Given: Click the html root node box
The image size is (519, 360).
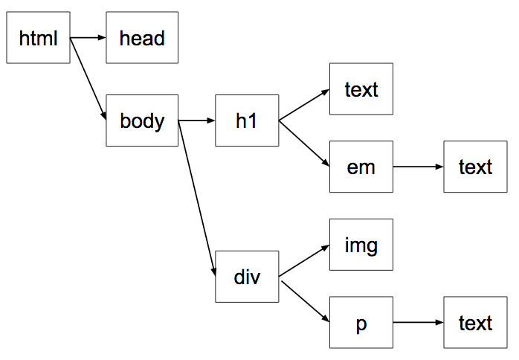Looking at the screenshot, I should pyautogui.click(x=38, y=38).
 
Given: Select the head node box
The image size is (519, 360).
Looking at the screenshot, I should pyautogui.click(x=142, y=38).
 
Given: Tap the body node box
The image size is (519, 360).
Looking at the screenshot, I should pyautogui.click(x=142, y=120).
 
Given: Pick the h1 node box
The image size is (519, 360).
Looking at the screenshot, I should pyautogui.click(x=247, y=120).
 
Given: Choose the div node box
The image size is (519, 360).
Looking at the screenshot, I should pyautogui.click(x=247, y=277).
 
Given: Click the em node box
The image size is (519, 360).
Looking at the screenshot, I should pyautogui.click(x=361, y=167).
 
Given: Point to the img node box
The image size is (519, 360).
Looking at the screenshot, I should pyautogui.click(x=361, y=245).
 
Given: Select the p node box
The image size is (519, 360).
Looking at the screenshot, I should pyautogui.click(x=361, y=323).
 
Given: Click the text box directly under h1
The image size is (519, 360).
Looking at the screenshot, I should pyautogui.click(x=361, y=89).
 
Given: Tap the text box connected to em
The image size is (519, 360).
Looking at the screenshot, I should pyautogui.click(x=475, y=167).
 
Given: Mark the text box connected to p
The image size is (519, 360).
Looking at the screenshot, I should pyautogui.click(x=475, y=323).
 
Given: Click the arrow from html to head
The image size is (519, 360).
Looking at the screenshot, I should pyautogui.click(x=88, y=37).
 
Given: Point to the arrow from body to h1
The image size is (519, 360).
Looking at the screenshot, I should pyautogui.click(x=197, y=120).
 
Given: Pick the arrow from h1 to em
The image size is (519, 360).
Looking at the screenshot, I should pyautogui.click(x=304, y=144).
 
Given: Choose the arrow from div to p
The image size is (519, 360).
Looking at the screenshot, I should pyautogui.click(x=304, y=300).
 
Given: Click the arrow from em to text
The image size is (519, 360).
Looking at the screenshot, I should pyautogui.click(x=418, y=167).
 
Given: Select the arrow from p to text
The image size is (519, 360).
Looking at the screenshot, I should pyautogui.click(x=418, y=323).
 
